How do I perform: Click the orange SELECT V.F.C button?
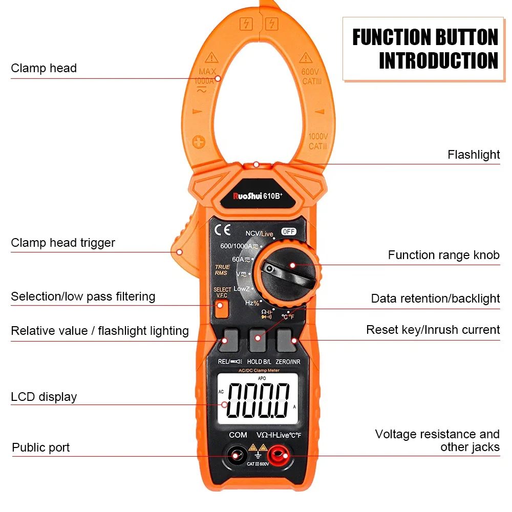tap(221, 309)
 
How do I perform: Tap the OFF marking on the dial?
tap(289, 231)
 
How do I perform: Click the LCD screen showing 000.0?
tap(258, 399)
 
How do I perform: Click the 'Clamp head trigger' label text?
tap(63, 243)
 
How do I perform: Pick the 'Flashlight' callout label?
tap(473, 155)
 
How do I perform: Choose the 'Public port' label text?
tap(41, 447)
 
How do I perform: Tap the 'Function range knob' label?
tap(443, 255)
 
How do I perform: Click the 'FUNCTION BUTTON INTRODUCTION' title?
tap(424, 49)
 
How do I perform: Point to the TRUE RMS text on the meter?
tap(222, 270)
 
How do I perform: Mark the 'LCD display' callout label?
tap(44, 397)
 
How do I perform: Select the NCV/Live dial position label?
tap(259, 234)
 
